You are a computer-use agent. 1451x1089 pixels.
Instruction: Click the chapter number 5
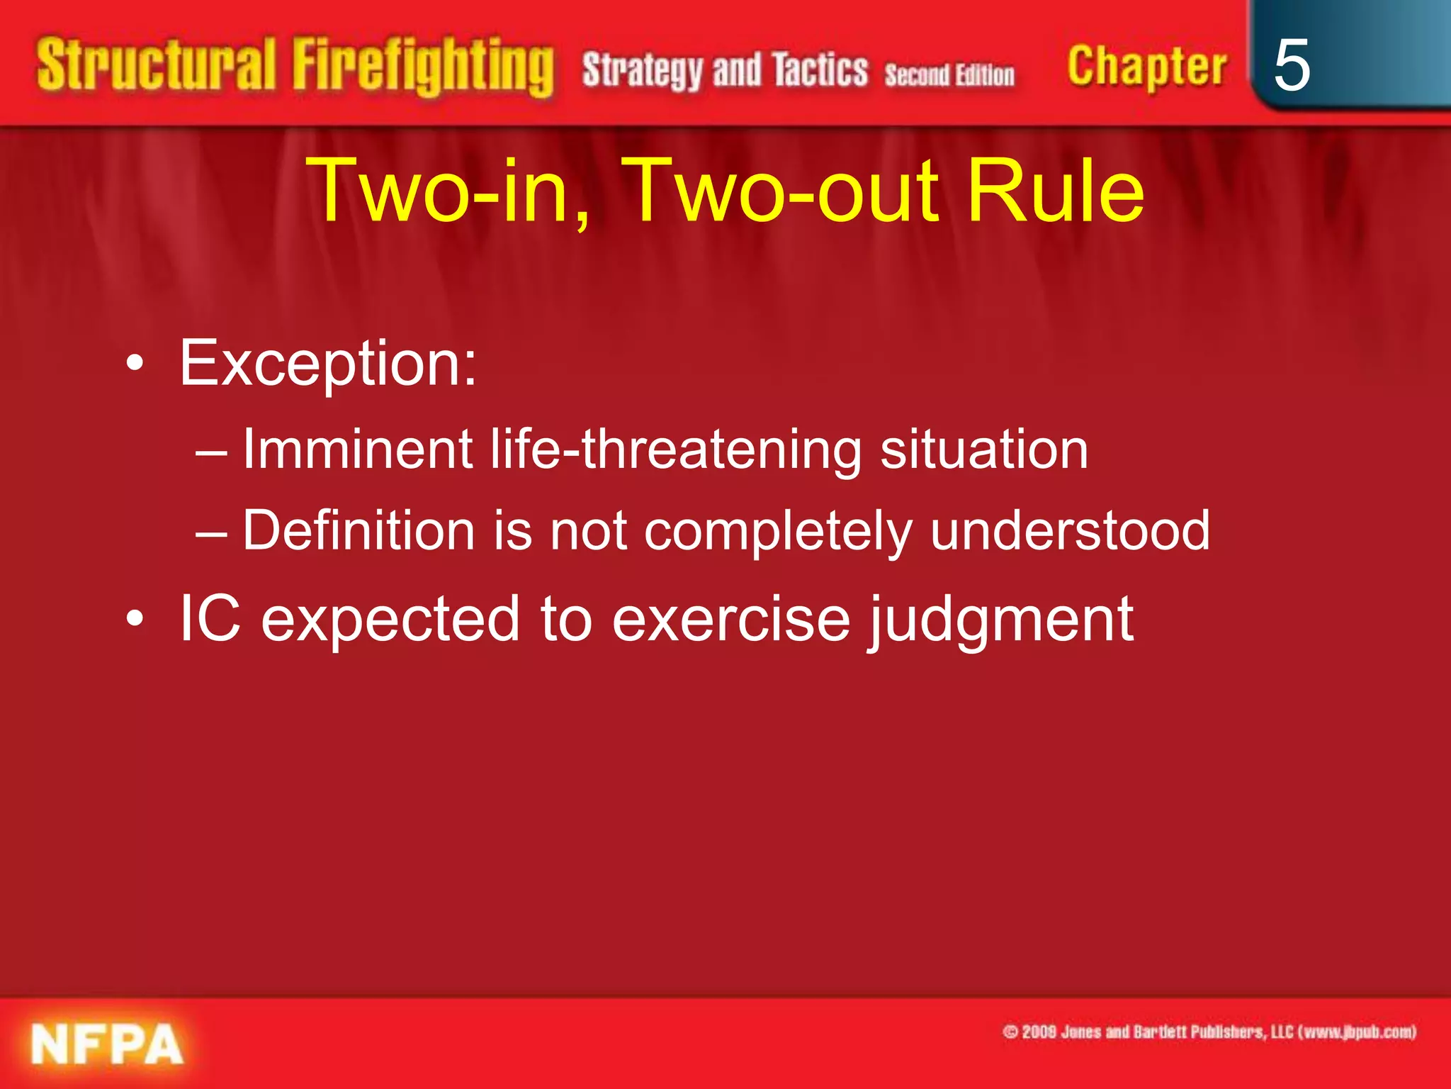click(1291, 65)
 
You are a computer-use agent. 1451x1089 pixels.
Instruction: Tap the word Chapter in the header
click(1146, 67)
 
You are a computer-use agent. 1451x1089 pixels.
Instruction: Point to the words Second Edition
click(949, 74)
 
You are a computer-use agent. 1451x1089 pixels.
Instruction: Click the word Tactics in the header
click(820, 70)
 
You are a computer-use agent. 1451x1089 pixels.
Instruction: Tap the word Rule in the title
click(1055, 190)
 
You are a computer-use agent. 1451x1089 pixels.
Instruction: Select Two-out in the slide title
click(783, 190)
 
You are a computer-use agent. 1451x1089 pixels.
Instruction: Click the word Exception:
click(328, 364)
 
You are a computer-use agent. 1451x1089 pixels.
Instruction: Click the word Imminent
click(358, 449)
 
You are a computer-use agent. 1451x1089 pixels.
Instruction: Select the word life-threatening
click(676, 449)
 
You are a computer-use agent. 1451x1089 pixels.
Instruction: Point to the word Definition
click(358, 530)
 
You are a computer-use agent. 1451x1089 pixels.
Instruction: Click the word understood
click(1070, 530)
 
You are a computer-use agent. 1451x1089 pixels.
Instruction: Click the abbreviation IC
click(210, 618)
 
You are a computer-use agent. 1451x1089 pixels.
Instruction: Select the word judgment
click(1001, 620)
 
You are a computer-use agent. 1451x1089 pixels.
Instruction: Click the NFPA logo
click(107, 1044)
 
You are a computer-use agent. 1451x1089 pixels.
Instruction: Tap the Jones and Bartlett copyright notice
click(1209, 1032)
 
